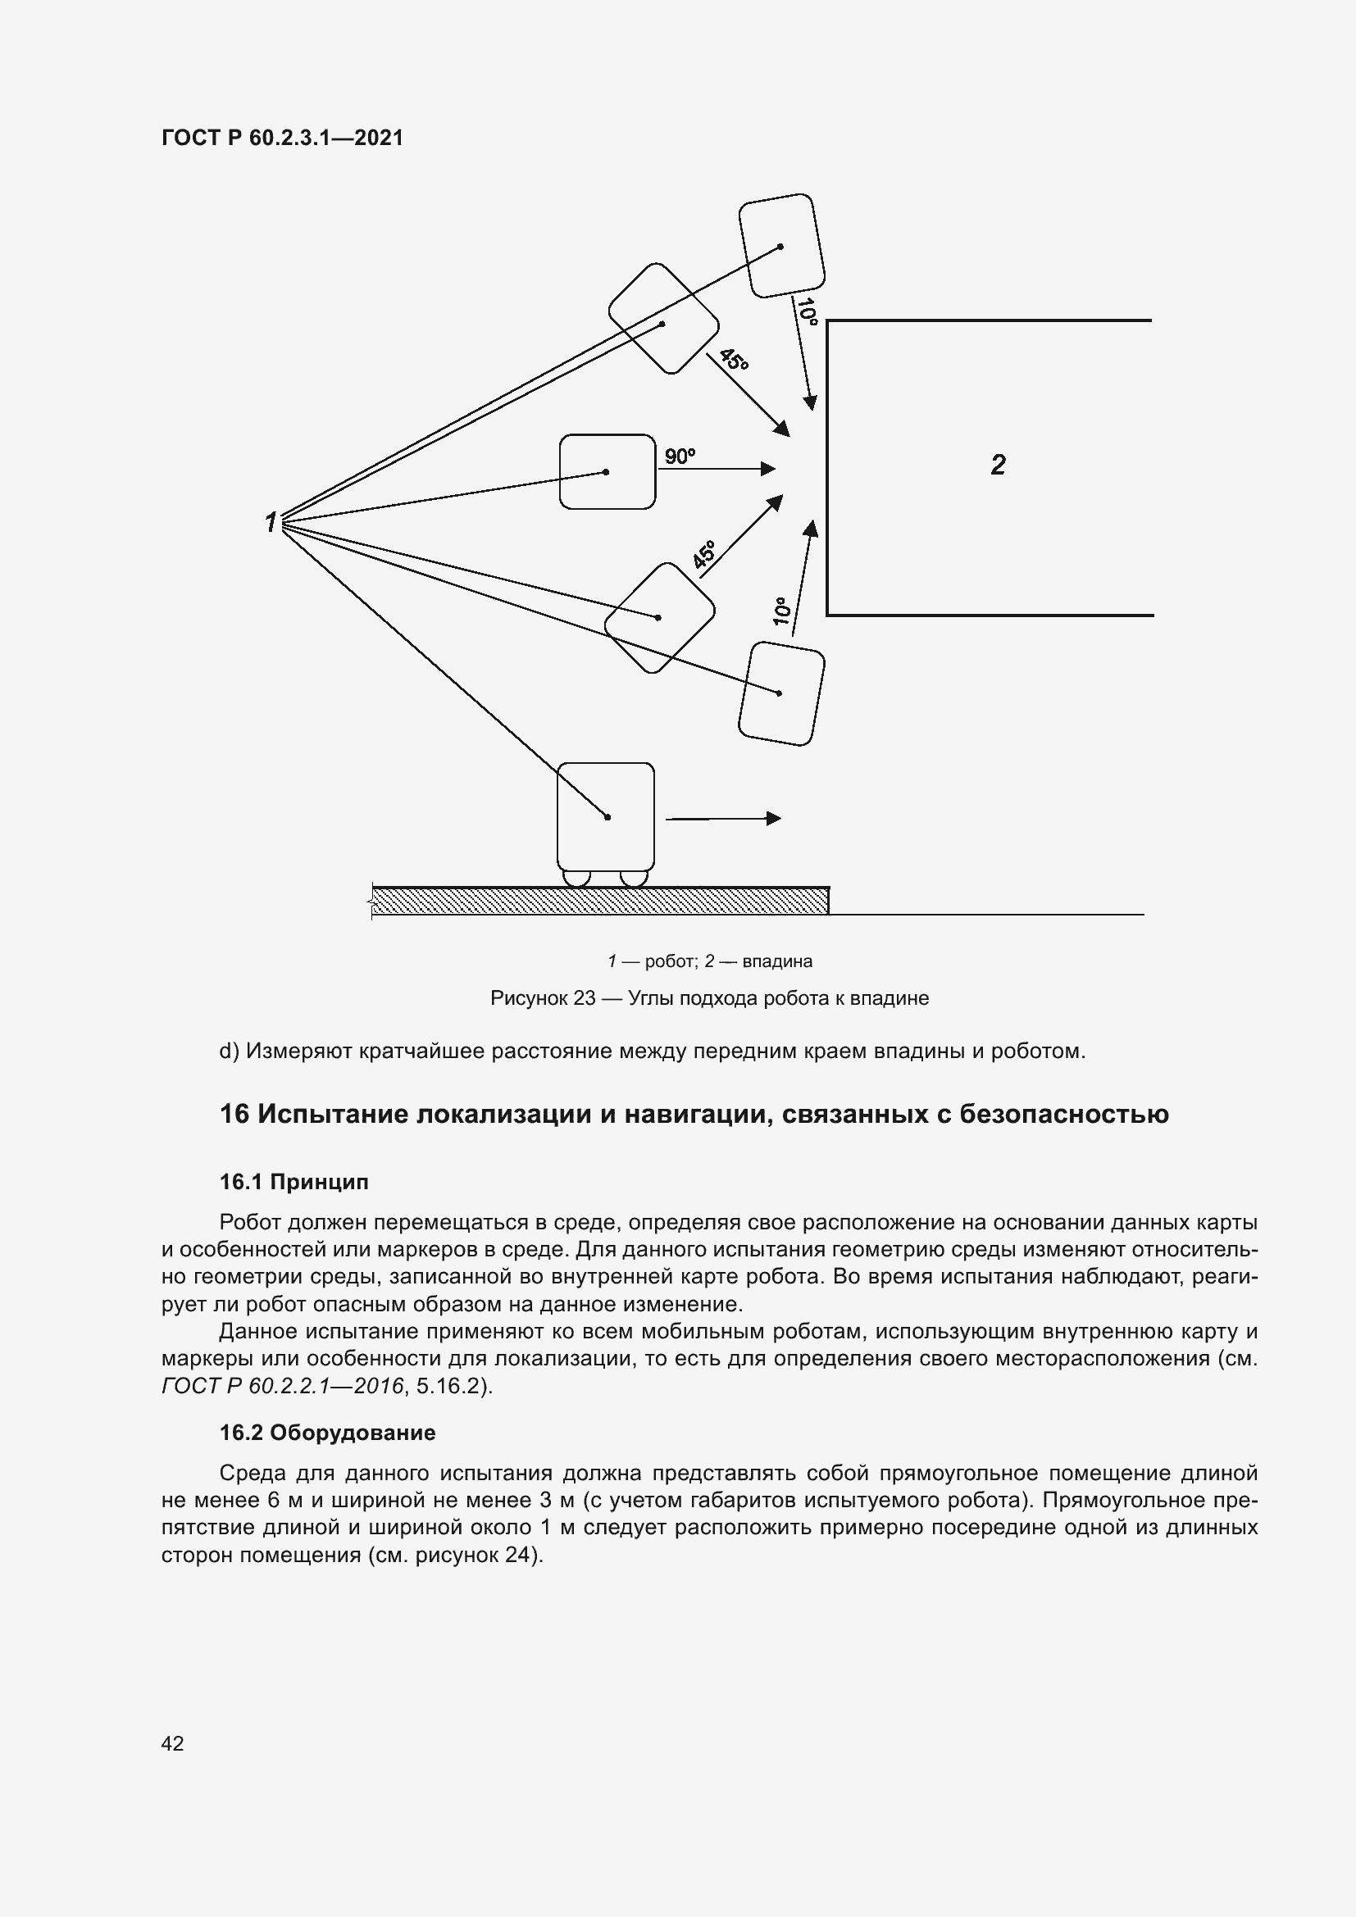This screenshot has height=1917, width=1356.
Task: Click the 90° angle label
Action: [x=679, y=456]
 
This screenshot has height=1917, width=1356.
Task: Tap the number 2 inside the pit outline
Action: [x=998, y=465]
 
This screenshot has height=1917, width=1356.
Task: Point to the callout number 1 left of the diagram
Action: [x=271, y=523]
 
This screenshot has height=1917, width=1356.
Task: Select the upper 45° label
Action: [x=734, y=360]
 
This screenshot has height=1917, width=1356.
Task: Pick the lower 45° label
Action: [x=705, y=554]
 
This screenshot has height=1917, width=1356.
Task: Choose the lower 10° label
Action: [x=781, y=611]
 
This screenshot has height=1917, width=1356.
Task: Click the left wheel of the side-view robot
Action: [x=577, y=878]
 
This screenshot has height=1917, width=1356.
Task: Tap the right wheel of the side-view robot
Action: [x=634, y=878]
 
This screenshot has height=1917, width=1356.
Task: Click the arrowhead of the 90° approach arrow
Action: [x=769, y=470]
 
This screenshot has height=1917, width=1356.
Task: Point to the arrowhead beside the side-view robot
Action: [x=774, y=818]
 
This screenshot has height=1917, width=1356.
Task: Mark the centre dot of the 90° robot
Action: [x=606, y=473]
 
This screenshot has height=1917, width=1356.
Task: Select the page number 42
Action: [x=173, y=1743]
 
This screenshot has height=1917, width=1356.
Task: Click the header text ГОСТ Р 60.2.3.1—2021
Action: [x=282, y=139]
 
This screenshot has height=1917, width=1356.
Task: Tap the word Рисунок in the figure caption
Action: [x=530, y=998]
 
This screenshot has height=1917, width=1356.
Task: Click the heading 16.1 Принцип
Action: [x=294, y=1183]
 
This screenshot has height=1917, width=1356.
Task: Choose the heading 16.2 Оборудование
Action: [x=327, y=1433]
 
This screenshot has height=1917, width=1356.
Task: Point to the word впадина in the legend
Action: [x=776, y=962]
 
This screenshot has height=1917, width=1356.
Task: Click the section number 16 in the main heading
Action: [x=234, y=1115]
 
